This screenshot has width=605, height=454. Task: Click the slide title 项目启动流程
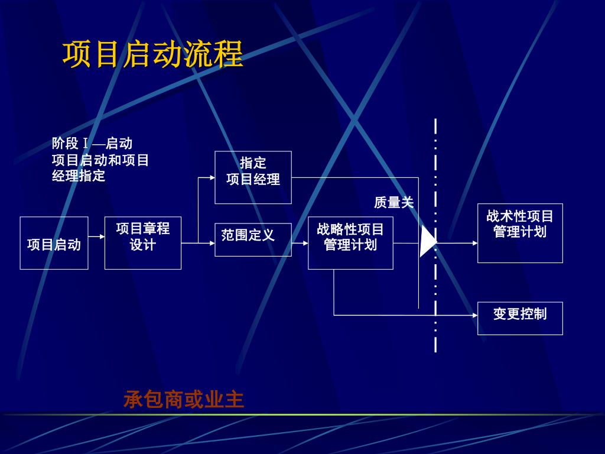pyautogui.click(x=152, y=54)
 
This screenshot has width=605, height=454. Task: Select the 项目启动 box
pyautogui.click(x=54, y=243)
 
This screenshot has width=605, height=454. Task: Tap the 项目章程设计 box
pyautogui.click(x=143, y=243)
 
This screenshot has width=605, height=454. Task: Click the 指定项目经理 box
pyautogui.click(x=253, y=177)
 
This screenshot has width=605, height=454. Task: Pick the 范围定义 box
pyautogui.click(x=253, y=239)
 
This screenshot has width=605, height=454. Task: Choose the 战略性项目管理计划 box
pyautogui.click(x=350, y=243)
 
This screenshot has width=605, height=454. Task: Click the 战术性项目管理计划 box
pyautogui.click(x=520, y=233)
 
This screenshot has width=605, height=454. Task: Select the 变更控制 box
pyautogui.click(x=520, y=318)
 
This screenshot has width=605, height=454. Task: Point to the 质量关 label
pyautogui.click(x=394, y=203)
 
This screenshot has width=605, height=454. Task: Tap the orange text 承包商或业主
pyautogui.click(x=184, y=400)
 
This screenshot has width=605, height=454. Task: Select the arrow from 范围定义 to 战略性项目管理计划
pyautogui.click(x=300, y=243)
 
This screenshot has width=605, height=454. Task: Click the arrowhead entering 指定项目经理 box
pyautogui.click(x=212, y=177)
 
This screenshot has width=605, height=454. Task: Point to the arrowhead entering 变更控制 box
pyautogui.click(x=474, y=315)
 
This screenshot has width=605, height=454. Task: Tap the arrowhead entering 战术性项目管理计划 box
pyautogui.click(x=474, y=242)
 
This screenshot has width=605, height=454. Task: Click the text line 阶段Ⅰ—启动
pyautogui.click(x=92, y=144)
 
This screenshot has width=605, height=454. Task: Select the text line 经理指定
pyautogui.click(x=79, y=176)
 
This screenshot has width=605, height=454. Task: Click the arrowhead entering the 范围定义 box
pyautogui.click(x=212, y=242)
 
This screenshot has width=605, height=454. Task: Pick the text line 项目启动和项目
pyautogui.click(x=100, y=160)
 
